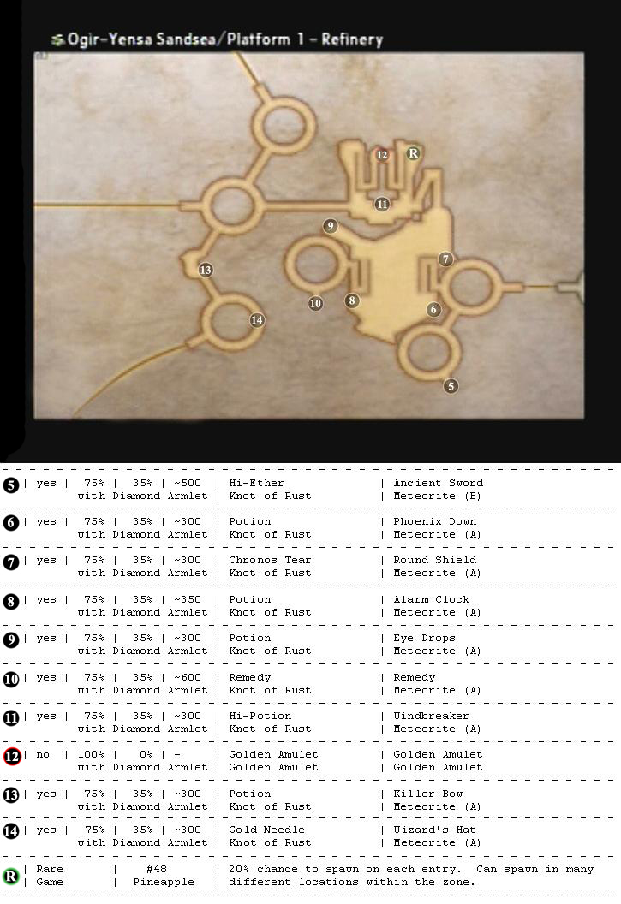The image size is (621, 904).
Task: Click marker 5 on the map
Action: (x=451, y=386)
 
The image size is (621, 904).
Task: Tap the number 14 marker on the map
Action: (x=257, y=320)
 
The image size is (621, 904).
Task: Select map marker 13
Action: (x=206, y=270)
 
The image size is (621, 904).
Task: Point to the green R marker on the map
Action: (x=413, y=153)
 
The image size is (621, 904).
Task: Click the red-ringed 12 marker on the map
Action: (x=382, y=154)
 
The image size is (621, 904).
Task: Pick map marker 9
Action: (x=330, y=225)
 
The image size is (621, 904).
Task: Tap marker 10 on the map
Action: (x=315, y=303)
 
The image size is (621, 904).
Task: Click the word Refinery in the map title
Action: (x=352, y=39)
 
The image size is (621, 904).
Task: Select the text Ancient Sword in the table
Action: (x=439, y=483)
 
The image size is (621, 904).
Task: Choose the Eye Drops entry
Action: (x=424, y=639)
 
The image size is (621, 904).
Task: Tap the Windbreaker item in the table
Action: (x=431, y=716)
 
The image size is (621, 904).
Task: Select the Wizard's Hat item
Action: (x=434, y=830)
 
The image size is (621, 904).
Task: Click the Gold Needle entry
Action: (x=266, y=830)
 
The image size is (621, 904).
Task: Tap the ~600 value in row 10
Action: (x=188, y=677)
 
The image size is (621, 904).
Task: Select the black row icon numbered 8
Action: (x=11, y=602)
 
